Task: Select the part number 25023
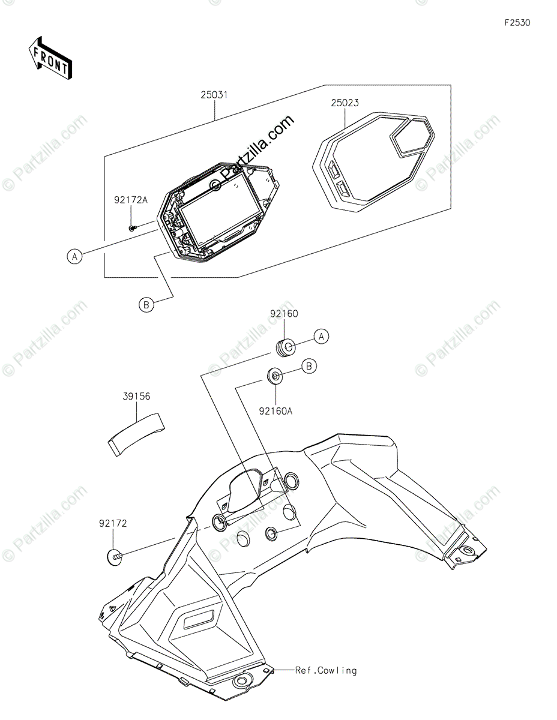[x=345, y=103]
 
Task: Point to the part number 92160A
[x=275, y=411]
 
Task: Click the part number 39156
[x=137, y=397]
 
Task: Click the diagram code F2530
[x=517, y=23]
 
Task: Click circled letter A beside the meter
[x=74, y=257]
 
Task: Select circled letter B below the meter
[x=146, y=305]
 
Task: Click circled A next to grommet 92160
[x=322, y=337]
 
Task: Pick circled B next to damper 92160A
[x=309, y=365]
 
